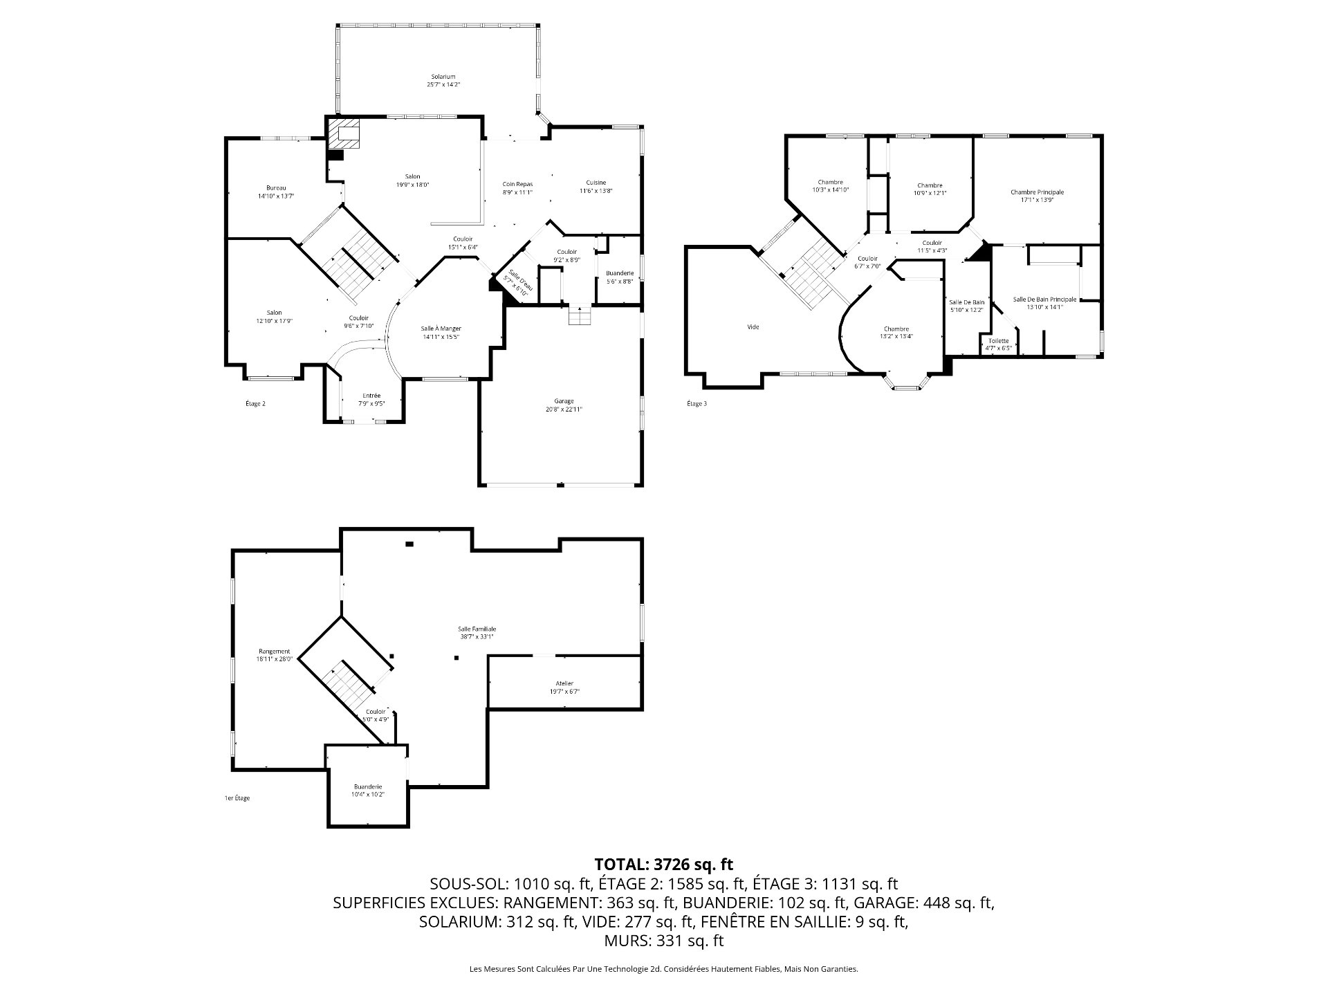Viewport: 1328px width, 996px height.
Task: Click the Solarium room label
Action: tap(443, 76)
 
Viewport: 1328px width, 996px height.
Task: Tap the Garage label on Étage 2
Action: tap(564, 401)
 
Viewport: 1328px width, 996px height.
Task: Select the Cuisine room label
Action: tap(596, 183)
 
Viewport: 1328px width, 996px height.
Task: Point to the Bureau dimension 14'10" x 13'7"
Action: tap(276, 196)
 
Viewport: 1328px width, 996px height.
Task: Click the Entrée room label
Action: tap(371, 396)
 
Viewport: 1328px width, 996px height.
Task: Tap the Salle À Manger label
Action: tap(441, 329)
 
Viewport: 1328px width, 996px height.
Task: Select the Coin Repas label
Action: tap(517, 183)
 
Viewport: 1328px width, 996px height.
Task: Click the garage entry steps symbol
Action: tap(580, 317)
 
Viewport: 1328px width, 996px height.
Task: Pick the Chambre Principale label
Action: tap(1037, 192)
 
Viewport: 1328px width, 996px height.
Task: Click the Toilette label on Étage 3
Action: tap(998, 340)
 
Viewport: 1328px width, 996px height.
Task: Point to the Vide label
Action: tap(753, 326)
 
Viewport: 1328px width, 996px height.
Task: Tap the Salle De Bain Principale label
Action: tap(1044, 299)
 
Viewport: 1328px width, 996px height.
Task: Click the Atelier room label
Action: tap(564, 683)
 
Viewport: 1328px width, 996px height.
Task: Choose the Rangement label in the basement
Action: tap(275, 651)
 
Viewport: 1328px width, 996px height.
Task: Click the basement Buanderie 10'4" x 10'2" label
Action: tap(368, 791)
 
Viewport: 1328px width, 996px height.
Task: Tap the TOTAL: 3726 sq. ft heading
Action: tap(663, 864)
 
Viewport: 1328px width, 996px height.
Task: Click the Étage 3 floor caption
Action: tap(697, 404)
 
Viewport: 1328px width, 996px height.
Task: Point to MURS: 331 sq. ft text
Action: tap(663, 941)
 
